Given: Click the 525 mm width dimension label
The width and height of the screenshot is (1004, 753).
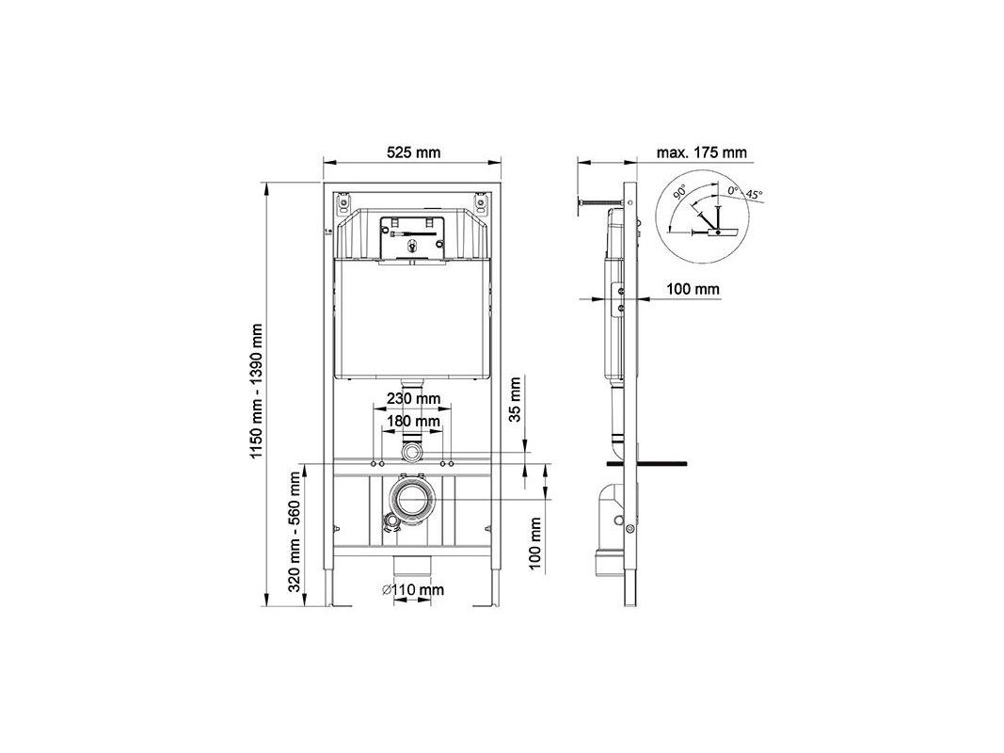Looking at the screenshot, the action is click(414, 152).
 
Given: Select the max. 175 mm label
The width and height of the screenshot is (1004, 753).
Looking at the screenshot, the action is click(701, 152).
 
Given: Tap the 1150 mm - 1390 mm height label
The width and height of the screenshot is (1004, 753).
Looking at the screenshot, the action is click(257, 392).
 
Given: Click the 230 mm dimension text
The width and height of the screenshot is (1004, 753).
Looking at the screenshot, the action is click(413, 398).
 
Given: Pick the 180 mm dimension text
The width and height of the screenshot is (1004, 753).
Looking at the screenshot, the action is click(413, 421).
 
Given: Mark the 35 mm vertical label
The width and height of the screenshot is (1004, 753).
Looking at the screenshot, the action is click(516, 399).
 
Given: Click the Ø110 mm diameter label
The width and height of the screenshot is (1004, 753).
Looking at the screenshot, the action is click(413, 589).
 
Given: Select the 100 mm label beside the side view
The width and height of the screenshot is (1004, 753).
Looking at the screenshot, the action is click(693, 289).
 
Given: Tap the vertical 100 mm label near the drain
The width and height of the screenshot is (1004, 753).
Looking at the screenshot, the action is click(536, 543).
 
